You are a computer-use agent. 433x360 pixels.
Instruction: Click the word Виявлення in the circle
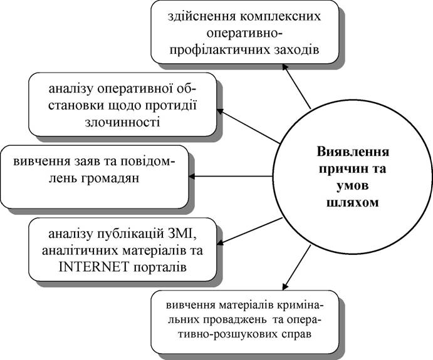pos(353,152)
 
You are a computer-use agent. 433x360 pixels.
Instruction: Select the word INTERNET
pos(93,267)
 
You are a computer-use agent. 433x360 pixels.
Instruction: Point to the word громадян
pos(110,179)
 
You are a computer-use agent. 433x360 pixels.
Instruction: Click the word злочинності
pos(123,122)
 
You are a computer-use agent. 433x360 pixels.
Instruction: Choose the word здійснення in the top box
pos(202,16)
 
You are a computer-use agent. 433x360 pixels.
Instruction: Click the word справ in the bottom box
pos(296,334)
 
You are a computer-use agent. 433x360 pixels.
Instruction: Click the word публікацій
pos(128,235)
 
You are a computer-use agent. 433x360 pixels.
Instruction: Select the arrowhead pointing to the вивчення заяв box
pos(192,176)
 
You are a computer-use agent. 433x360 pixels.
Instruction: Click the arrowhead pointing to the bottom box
pos(286,286)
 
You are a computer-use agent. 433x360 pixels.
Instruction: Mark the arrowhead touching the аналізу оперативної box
pos(220,111)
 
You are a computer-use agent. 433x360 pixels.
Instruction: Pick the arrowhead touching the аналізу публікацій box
pos(220,242)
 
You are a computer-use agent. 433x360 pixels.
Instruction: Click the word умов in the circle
pos(353,186)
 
